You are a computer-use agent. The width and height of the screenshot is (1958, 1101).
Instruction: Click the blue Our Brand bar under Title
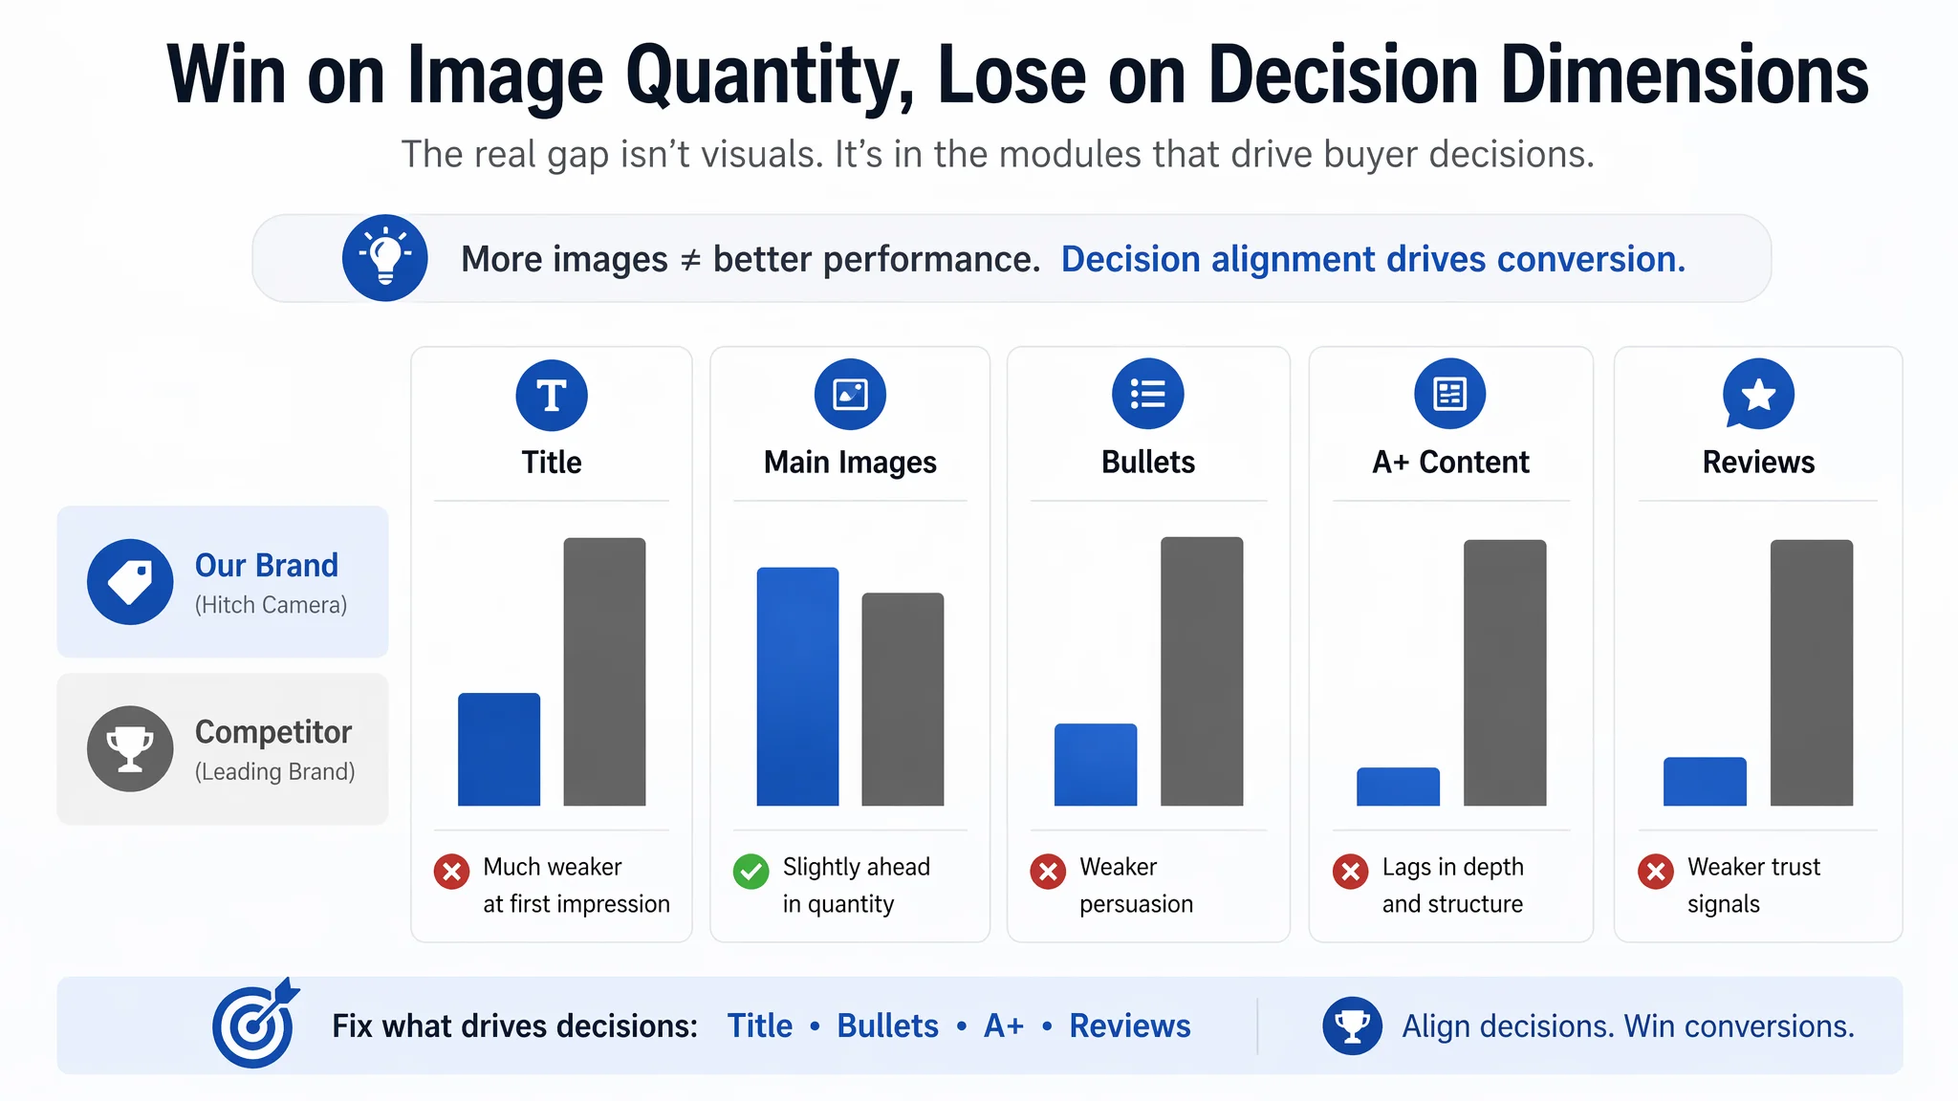click(x=499, y=749)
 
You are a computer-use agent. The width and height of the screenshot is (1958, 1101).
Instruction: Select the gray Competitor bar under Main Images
click(x=903, y=700)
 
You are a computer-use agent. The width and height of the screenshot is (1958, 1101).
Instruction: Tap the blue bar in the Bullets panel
click(x=1096, y=765)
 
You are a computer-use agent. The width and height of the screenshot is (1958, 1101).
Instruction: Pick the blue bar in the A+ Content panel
click(x=1398, y=787)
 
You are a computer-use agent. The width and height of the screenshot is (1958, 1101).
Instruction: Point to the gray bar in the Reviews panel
click(x=1812, y=673)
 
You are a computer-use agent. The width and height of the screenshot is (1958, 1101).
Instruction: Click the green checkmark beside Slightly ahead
click(x=751, y=871)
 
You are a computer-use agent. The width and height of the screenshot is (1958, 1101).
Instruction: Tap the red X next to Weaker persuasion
click(x=1048, y=871)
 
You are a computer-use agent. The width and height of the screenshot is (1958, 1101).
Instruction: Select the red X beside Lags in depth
click(x=1350, y=871)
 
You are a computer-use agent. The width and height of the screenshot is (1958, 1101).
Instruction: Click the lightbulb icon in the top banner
click(x=385, y=258)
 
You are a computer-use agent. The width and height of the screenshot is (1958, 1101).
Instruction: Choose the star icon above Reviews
click(x=1758, y=394)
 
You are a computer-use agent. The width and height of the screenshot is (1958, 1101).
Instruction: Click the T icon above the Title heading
click(x=552, y=395)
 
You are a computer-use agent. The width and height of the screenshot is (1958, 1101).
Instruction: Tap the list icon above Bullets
click(x=1148, y=394)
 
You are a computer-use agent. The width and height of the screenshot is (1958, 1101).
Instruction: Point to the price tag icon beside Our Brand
click(x=130, y=582)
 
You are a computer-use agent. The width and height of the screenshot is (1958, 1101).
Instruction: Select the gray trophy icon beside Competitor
click(x=130, y=748)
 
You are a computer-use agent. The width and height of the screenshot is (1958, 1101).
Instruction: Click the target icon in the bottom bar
click(x=255, y=1024)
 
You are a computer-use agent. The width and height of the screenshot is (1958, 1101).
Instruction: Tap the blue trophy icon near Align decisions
click(x=1352, y=1025)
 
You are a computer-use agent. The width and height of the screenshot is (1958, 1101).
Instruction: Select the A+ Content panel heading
click(x=1450, y=463)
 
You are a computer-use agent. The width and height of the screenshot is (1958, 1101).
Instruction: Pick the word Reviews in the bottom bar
click(x=1130, y=1025)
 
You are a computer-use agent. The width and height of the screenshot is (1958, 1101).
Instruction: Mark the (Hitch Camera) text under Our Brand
click(x=271, y=605)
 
